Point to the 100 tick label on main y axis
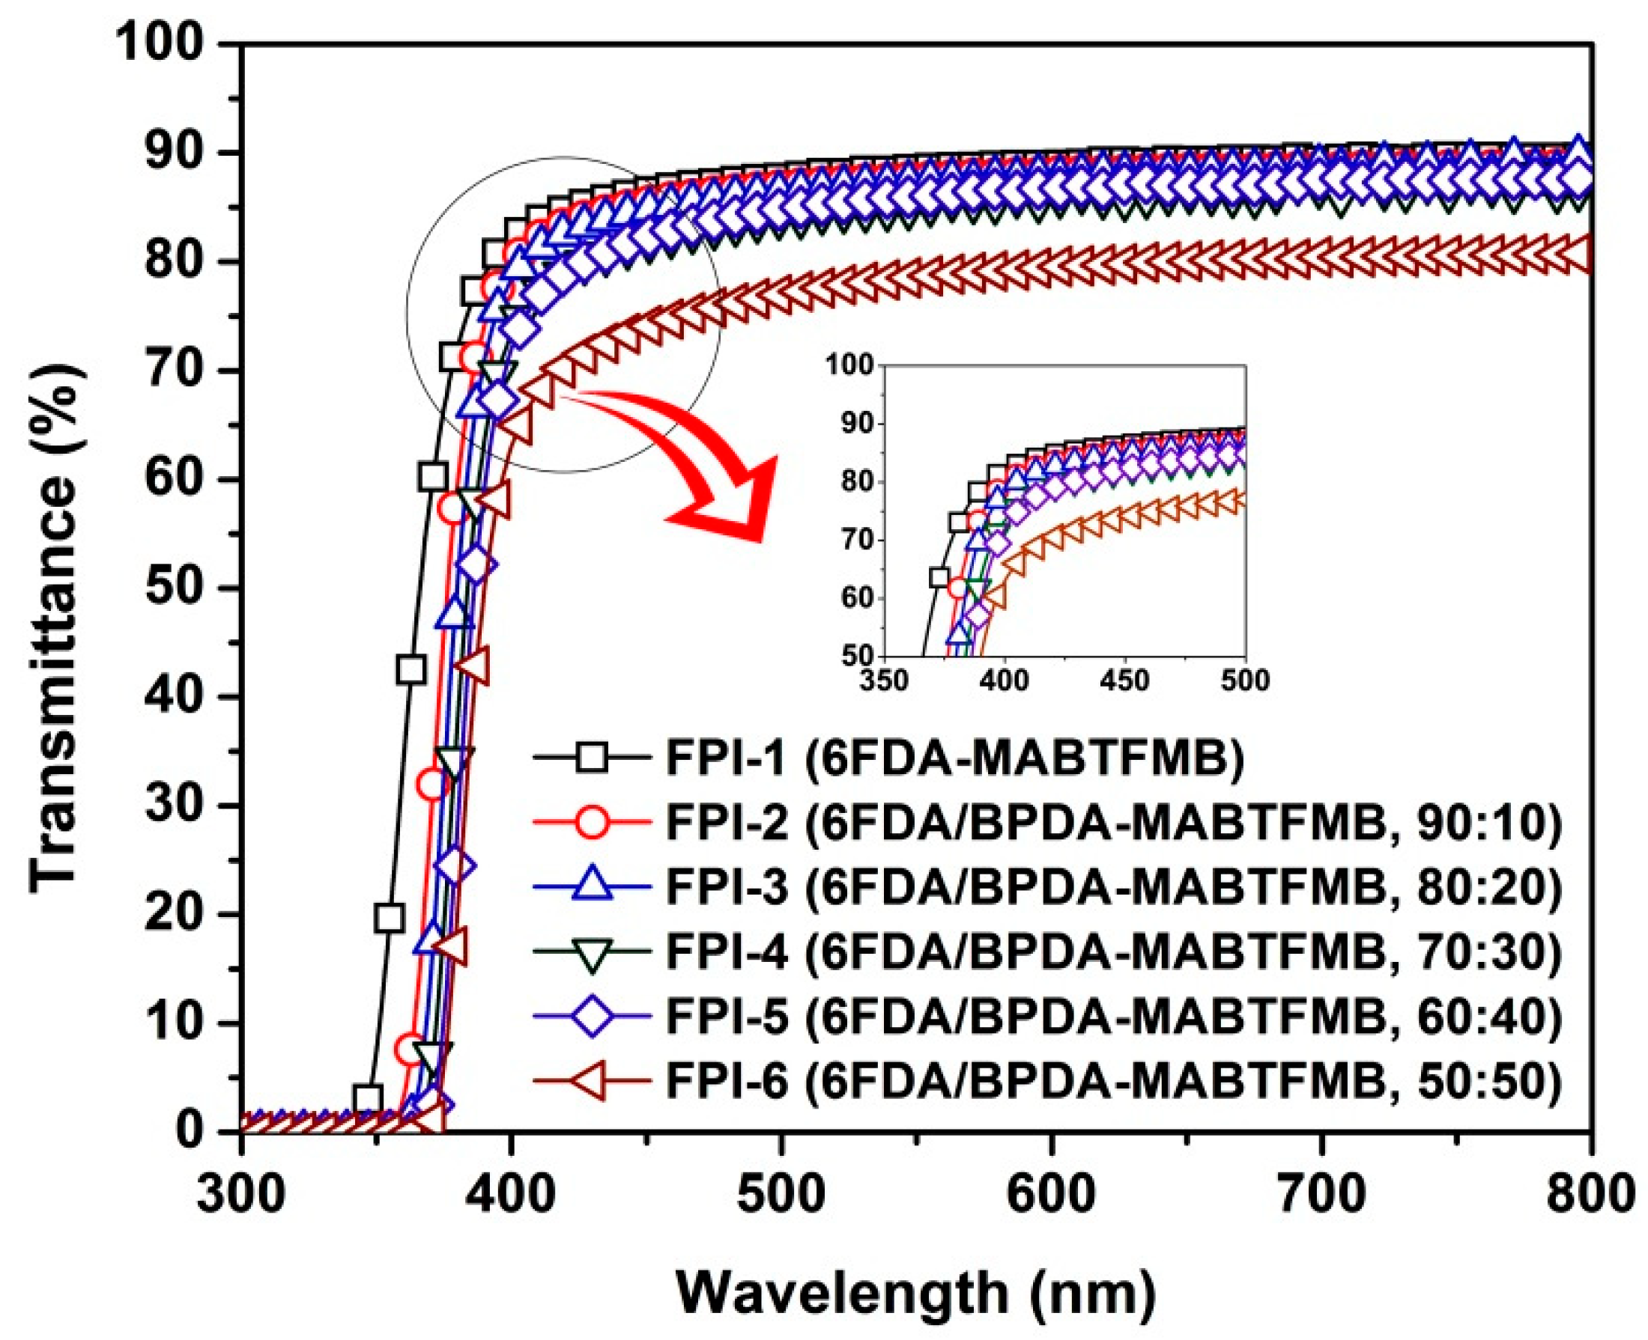pos(163,45)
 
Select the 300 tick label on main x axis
pos(241,1196)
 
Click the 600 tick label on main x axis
pos(1051,1196)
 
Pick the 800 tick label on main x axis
pos(1590,1196)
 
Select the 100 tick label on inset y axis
pos(849,365)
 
